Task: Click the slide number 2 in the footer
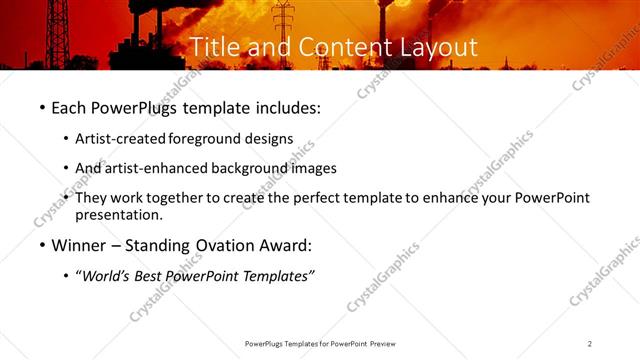click(x=590, y=343)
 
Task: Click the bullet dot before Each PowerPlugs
click(x=41, y=106)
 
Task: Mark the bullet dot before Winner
click(x=41, y=245)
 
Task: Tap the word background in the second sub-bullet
click(x=250, y=168)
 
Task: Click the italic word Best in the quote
click(x=155, y=276)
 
